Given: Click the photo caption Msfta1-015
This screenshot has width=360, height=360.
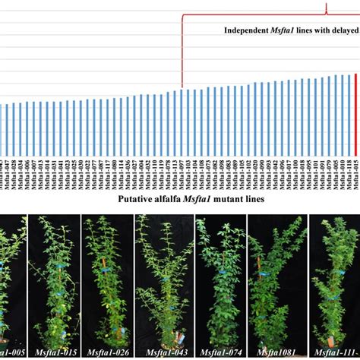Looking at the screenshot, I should [x=52, y=352].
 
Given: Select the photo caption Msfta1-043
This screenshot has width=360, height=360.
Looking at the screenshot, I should [x=163, y=352].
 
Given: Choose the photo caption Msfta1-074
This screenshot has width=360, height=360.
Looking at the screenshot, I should [x=219, y=352].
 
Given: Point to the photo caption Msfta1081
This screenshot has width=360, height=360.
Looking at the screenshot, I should [x=276, y=352].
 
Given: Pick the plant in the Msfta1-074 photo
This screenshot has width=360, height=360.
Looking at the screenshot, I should [x=220, y=281].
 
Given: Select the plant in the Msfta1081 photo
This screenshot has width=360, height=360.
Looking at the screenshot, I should [x=276, y=281].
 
